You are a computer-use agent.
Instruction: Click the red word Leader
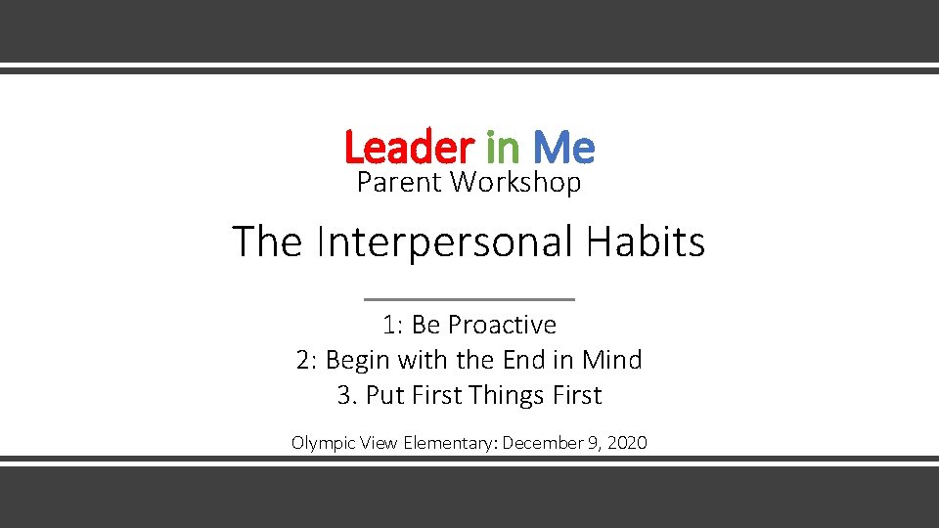pos(408,149)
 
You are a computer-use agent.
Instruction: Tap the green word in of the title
pos(503,149)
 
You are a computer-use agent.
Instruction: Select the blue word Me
pos(563,149)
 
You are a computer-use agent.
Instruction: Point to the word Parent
pos(399,183)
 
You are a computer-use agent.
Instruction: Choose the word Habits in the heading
pos(646,242)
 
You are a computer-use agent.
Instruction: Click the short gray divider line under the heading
pos(469,299)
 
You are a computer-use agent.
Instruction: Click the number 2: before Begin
pos(307,360)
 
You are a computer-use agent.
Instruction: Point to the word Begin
pos(358,361)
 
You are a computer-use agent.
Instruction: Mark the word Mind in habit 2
pos(611,360)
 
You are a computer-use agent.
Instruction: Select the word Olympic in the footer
pos(323,443)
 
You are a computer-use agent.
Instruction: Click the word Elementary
pos(448,443)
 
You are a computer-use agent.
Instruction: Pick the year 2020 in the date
pos(627,443)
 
